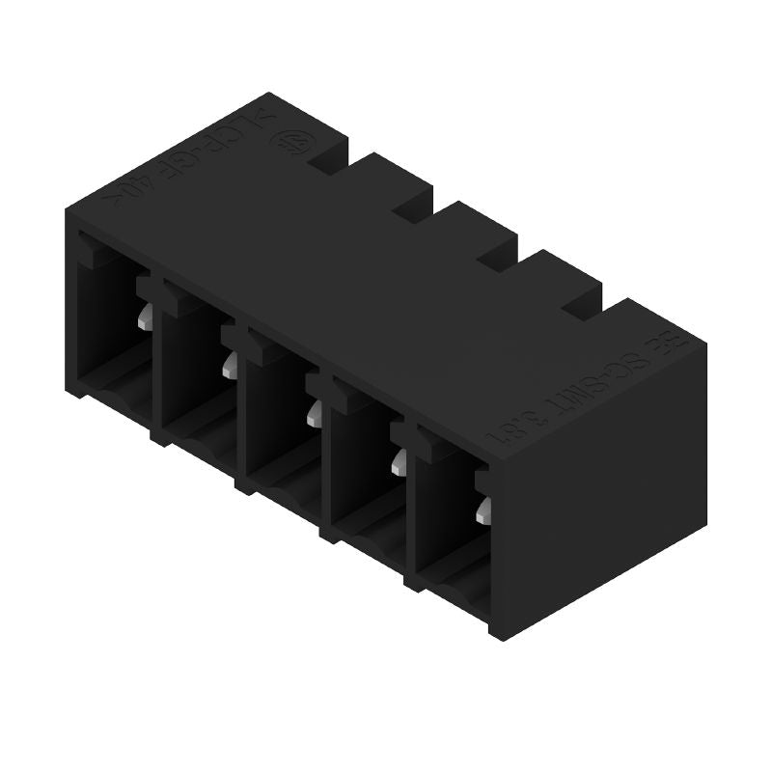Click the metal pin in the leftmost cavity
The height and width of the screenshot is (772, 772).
click(x=145, y=317)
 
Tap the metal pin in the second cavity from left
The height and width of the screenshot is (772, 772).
click(x=230, y=364)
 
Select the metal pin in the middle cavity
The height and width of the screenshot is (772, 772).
click(x=315, y=413)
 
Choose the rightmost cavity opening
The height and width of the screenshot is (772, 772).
click(x=450, y=521)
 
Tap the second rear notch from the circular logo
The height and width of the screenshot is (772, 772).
click(x=414, y=208)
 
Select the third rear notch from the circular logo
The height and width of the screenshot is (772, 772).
click(x=497, y=257)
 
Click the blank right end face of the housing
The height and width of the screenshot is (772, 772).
click(x=598, y=502)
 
